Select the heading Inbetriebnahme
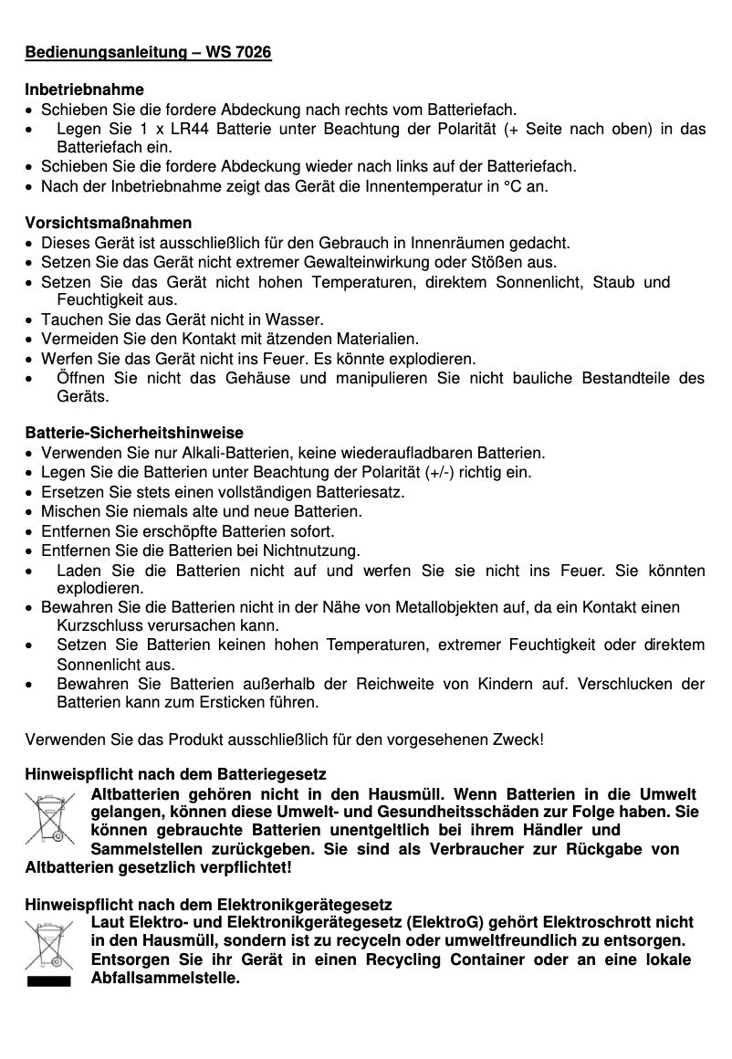(84, 91)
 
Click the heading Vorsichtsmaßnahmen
(108, 224)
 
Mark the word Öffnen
(81, 378)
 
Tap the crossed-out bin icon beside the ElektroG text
(48, 947)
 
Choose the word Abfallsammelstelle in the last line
(164, 980)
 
